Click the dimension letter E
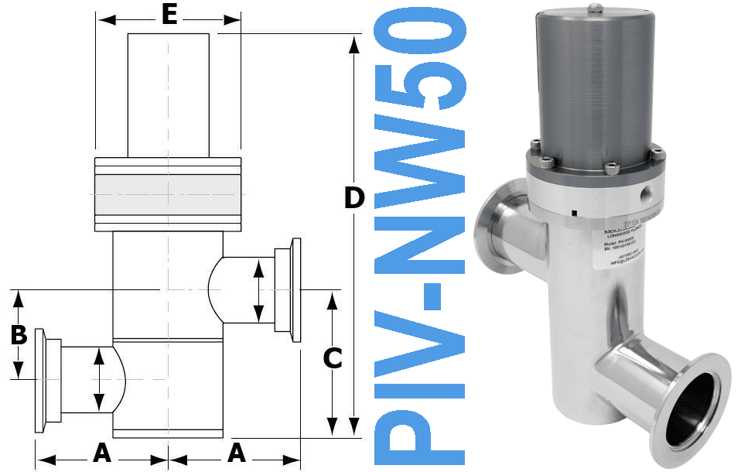(169, 15)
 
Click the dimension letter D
(353, 198)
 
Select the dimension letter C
(332, 358)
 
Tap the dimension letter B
(19, 336)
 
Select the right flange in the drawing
(294, 290)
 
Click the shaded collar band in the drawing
(168, 193)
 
